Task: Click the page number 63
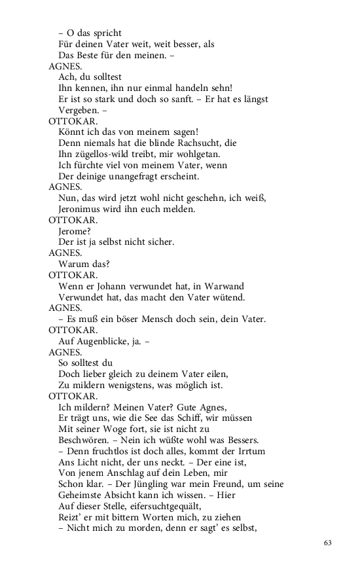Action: [328, 543]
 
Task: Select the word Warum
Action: [73, 264]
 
